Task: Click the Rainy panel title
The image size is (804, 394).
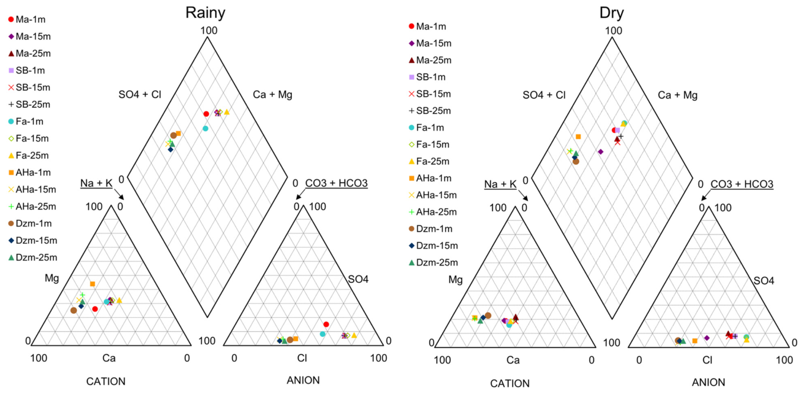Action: [x=206, y=13]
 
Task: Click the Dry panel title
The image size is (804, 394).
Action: [x=611, y=13]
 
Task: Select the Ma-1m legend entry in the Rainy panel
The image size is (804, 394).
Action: [x=27, y=19]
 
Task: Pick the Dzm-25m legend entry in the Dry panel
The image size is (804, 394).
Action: [x=434, y=262]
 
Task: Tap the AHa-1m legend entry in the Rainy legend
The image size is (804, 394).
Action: [x=29, y=173]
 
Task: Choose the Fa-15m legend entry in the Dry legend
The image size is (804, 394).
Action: [x=429, y=145]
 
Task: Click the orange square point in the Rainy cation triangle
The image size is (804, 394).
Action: [x=92, y=284]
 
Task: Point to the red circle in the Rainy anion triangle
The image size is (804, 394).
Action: [x=326, y=325]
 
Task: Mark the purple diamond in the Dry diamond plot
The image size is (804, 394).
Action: [x=601, y=152]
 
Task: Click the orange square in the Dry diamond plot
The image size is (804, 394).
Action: [x=578, y=137]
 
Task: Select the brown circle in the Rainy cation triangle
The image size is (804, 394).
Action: [x=73, y=310]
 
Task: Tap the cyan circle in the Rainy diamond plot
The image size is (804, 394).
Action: [x=206, y=129]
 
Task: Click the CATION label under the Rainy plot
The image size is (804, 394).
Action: [x=106, y=382]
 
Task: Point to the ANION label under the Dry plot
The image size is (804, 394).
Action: [x=709, y=383]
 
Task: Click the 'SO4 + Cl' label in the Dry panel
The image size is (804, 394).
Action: [x=544, y=95]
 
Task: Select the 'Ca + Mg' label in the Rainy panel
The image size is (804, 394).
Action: [x=273, y=95]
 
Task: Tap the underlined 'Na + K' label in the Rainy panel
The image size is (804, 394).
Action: [x=96, y=183]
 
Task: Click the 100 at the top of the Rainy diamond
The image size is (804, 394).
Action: [x=208, y=30]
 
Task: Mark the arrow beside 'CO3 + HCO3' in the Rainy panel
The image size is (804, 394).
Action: [x=300, y=194]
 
